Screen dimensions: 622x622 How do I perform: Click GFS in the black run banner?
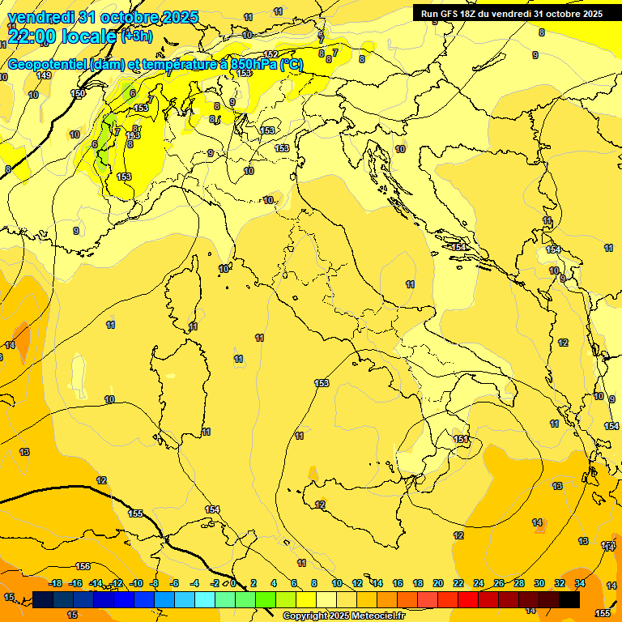click(453, 14)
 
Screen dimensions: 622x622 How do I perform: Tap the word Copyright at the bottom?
click(306, 616)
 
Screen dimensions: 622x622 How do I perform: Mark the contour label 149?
click(44, 75)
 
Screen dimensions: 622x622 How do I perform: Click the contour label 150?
click(78, 94)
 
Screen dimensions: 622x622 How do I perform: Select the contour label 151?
click(460, 439)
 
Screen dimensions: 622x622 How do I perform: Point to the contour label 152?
click(271, 55)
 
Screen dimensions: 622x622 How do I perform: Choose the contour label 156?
click(83, 566)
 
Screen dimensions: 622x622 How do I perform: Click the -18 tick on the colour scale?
click(56, 583)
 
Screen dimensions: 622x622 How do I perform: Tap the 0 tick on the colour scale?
click(233, 583)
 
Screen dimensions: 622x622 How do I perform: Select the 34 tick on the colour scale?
click(580, 583)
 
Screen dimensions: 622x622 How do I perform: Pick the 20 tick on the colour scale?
click(438, 583)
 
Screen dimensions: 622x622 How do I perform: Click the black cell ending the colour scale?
click(569, 599)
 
